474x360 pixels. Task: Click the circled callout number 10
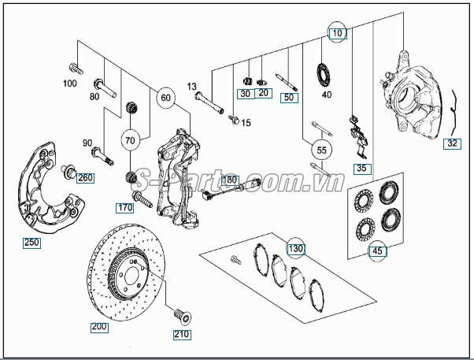click(x=337, y=34)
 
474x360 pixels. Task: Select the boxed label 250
click(x=31, y=243)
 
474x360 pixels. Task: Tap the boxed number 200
click(x=100, y=325)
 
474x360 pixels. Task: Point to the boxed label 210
click(x=181, y=334)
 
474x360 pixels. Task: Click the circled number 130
click(x=294, y=249)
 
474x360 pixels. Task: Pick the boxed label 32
click(x=452, y=144)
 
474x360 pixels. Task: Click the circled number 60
click(x=165, y=98)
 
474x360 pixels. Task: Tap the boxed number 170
click(x=125, y=209)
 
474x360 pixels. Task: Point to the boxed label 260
click(x=84, y=177)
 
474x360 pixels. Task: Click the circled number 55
click(x=321, y=149)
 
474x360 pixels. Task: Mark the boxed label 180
click(x=229, y=180)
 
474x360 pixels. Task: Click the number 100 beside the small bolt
click(x=70, y=83)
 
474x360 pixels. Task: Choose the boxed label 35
click(x=361, y=168)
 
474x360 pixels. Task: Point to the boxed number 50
click(x=289, y=98)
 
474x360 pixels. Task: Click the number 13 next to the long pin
click(x=191, y=86)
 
